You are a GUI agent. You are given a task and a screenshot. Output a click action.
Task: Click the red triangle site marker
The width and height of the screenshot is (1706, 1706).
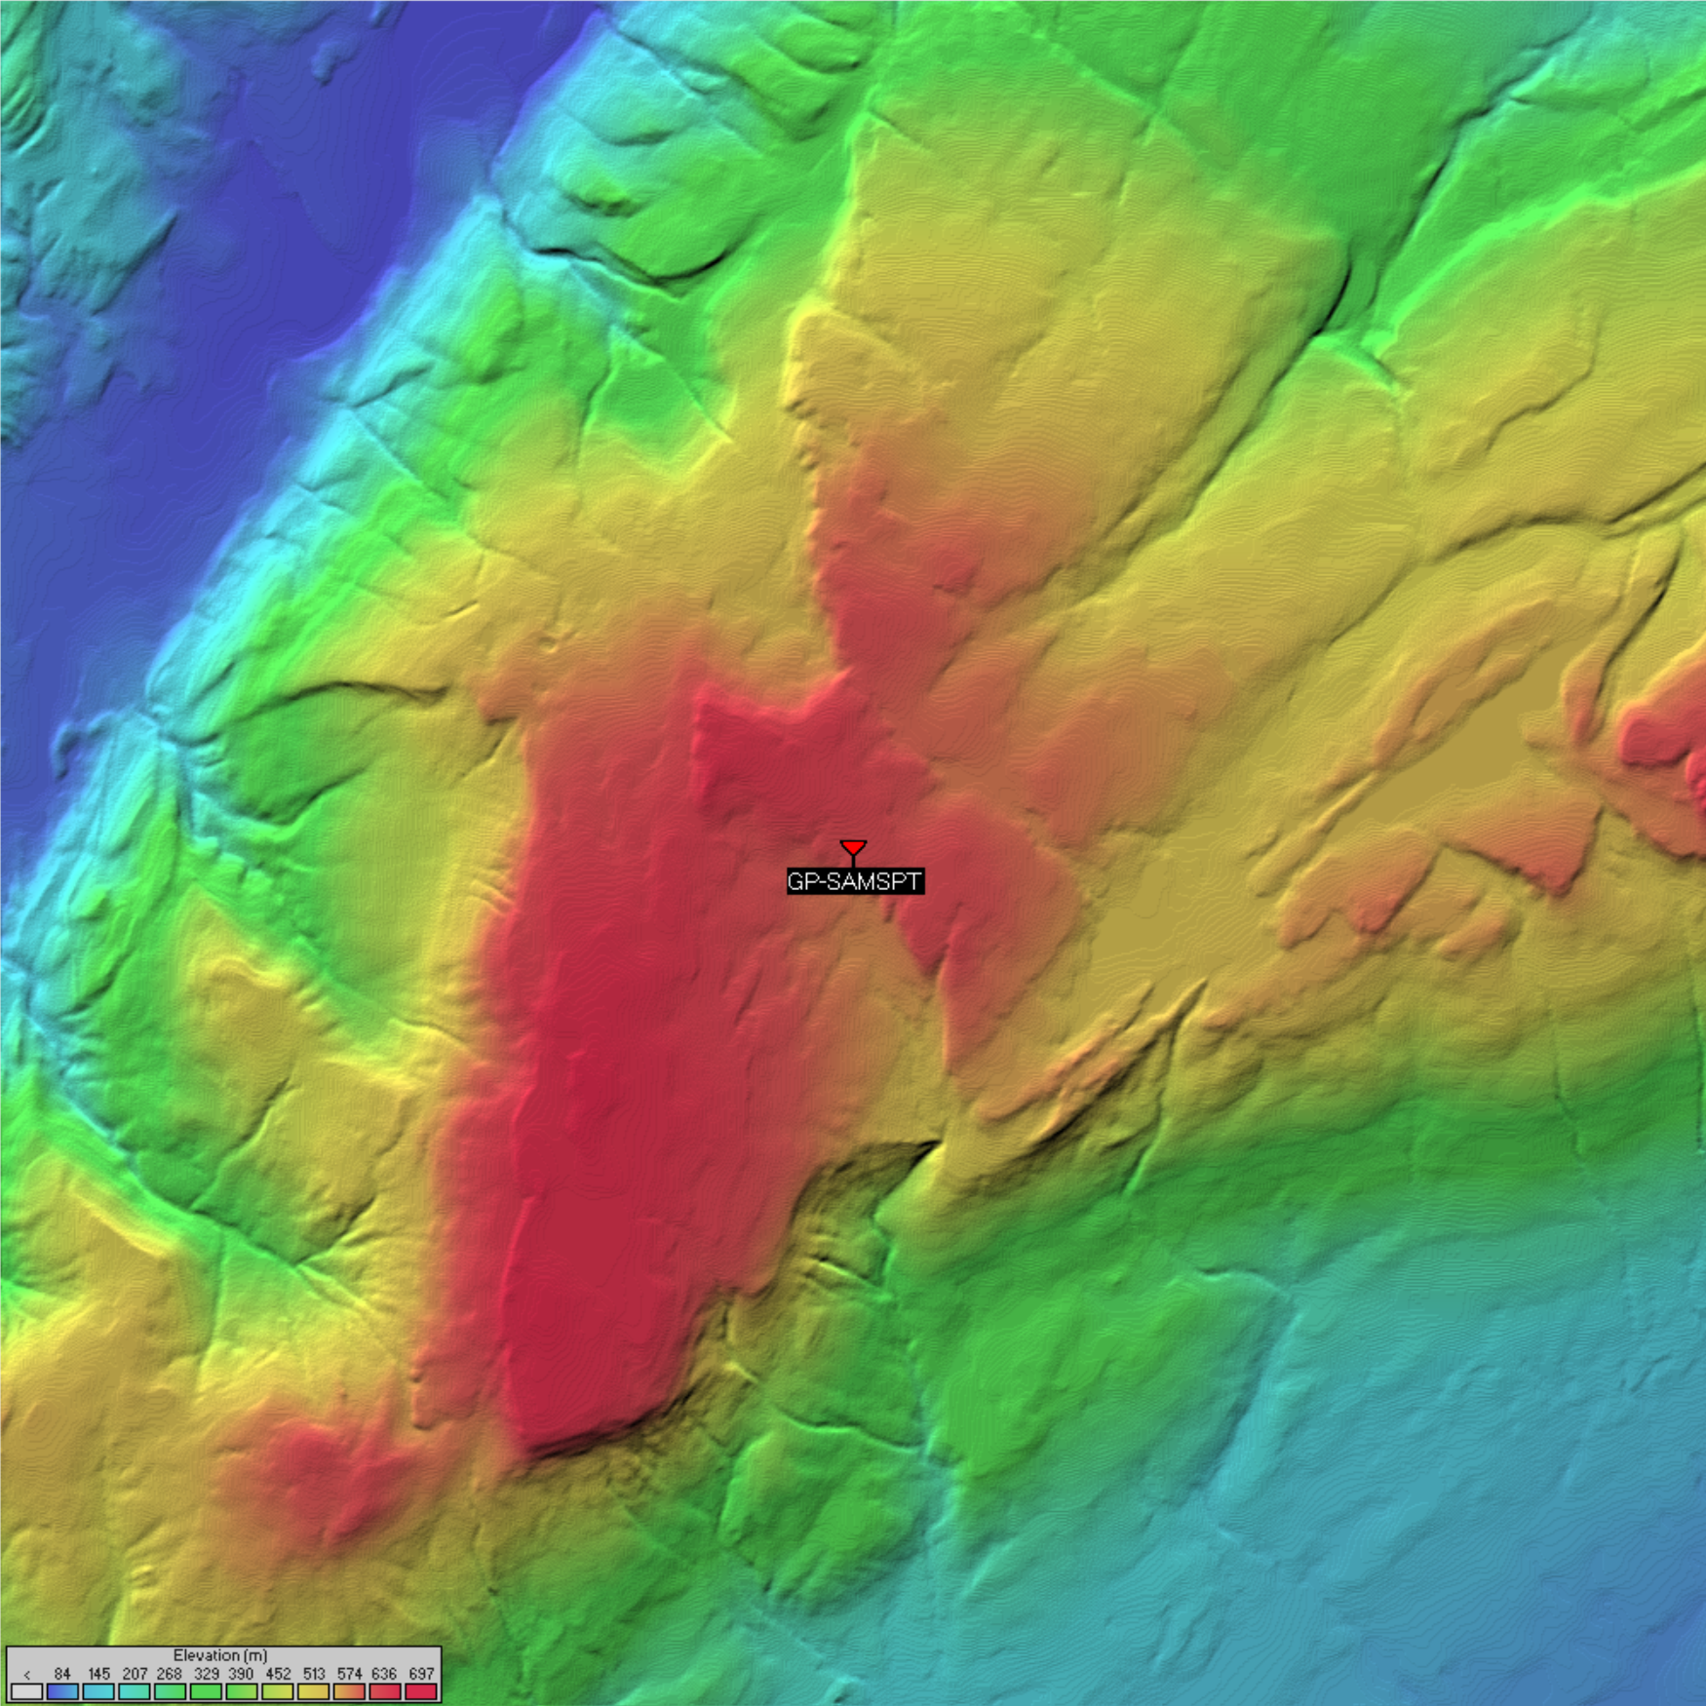[853, 847]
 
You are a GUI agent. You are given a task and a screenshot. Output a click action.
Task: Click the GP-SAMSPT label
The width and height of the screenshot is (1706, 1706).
[854, 881]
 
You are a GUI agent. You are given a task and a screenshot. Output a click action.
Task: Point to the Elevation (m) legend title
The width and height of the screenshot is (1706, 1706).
[220, 1654]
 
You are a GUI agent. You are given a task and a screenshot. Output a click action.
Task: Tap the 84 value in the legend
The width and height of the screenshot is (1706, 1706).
[62, 1673]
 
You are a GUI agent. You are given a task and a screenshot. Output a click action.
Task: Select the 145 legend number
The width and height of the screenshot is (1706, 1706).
[98, 1673]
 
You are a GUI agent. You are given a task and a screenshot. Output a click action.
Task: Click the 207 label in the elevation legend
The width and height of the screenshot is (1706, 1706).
[135, 1673]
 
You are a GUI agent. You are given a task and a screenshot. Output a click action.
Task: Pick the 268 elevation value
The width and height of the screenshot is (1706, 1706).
[170, 1673]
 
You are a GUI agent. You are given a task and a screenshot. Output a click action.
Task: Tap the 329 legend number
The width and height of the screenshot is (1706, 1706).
[206, 1673]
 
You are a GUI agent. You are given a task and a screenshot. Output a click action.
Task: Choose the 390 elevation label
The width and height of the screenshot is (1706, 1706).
[241, 1673]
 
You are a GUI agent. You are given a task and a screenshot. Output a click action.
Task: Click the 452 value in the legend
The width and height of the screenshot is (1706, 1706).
[278, 1673]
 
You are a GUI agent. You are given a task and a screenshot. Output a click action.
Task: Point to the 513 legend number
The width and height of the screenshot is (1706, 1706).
[313, 1673]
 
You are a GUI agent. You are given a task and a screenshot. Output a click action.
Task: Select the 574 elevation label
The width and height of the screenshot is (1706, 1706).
[349, 1673]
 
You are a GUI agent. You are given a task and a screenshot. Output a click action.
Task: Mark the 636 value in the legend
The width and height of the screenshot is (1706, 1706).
[385, 1673]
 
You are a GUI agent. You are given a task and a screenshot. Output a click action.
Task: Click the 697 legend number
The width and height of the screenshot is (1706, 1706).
[421, 1673]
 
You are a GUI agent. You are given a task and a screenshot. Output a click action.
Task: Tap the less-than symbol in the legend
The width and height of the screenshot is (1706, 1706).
[27, 1674]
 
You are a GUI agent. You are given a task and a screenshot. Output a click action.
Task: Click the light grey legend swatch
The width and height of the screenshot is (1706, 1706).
[27, 1691]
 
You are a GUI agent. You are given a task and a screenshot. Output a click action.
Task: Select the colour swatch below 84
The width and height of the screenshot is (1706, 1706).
[62, 1691]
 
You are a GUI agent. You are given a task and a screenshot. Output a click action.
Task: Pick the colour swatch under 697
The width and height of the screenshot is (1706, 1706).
[421, 1691]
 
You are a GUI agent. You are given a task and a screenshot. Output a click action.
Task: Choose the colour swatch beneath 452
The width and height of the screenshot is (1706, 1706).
[278, 1691]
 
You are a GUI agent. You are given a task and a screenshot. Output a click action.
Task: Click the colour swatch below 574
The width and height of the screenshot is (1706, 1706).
[349, 1691]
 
